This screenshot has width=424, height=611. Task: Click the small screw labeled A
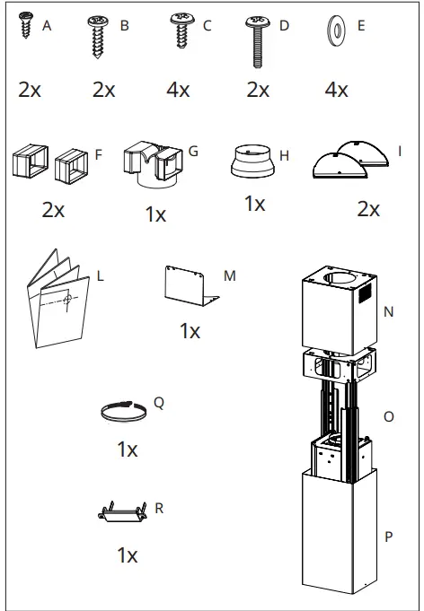(x=27, y=26)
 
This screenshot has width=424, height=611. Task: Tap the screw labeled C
(x=181, y=31)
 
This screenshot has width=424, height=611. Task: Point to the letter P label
(x=388, y=537)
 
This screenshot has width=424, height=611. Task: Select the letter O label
(x=388, y=416)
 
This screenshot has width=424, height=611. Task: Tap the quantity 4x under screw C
(x=178, y=90)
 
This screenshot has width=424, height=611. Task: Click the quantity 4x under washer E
(x=336, y=90)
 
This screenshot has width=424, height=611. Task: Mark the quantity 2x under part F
(x=53, y=209)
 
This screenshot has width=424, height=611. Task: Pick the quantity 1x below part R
(x=127, y=554)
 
